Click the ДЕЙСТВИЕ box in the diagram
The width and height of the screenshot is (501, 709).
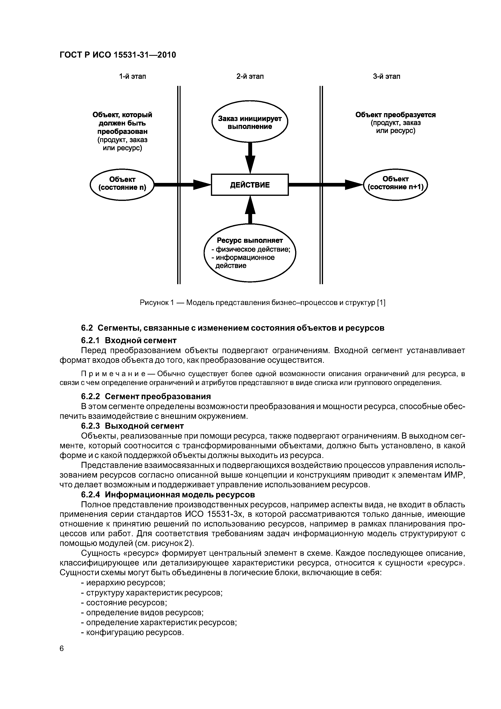point(249,185)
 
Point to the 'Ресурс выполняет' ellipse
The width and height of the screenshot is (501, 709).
point(249,253)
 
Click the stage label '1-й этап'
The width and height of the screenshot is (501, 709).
point(133,76)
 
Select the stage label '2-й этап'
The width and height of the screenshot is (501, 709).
point(250,76)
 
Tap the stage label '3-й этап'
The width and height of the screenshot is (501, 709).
point(386,76)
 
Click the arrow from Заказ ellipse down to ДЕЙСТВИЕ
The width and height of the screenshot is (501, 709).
point(250,157)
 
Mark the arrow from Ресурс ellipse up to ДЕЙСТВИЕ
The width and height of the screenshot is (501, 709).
point(250,210)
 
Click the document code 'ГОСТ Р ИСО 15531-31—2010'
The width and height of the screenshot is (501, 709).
point(118,55)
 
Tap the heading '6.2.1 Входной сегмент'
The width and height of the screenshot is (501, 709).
point(129,340)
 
